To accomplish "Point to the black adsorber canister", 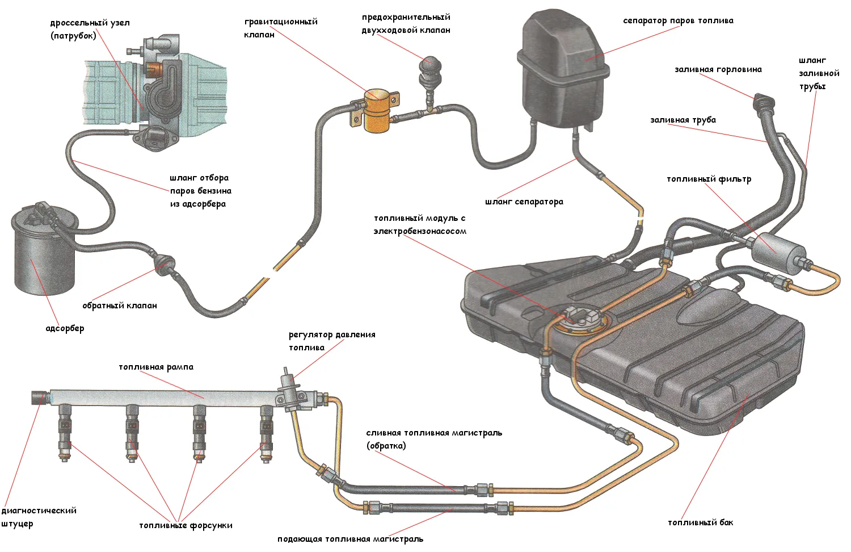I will pyautogui.click(x=43, y=256).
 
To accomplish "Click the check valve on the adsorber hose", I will pyautogui.click(x=165, y=263).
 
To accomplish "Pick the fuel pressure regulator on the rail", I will pyautogui.click(x=289, y=389).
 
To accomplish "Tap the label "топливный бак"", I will pyautogui.click(x=700, y=522).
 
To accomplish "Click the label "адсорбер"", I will pyautogui.click(x=65, y=328).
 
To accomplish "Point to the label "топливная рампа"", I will pyautogui.click(x=156, y=367).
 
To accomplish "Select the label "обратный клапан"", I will pyautogui.click(x=120, y=306).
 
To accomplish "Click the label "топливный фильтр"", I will pyautogui.click(x=709, y=179).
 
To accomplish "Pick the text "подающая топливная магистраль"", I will pyautogui.click(x=350, y=539).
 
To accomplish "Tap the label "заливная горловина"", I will pyautogui.click(x=718, y=69).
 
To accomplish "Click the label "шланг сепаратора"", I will pyautogui.click(x=524, y=202).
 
